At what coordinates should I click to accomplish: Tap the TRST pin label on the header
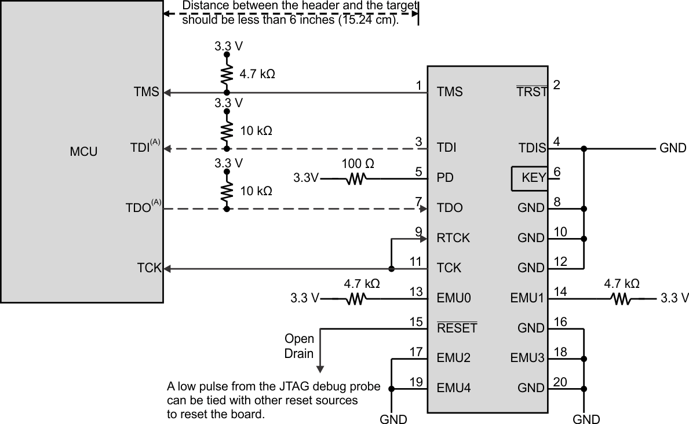(x=531, y=92)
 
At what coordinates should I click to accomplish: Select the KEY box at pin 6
(x=529, y=178)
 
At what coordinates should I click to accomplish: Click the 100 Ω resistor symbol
(x=355, y=179)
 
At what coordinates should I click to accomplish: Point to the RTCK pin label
(x=453, y=238)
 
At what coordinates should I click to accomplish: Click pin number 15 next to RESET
(x=415, y=321)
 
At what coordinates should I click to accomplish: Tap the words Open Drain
(x=299, y=346)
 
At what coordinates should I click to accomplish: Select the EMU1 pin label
(x=527, y=298)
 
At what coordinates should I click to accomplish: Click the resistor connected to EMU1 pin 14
(x=621, y=299)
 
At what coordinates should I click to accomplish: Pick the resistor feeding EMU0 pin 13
(x=355, y=299)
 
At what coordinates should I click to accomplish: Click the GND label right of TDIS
(x=672, y=148)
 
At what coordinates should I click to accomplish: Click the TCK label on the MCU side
(x=148, y=268)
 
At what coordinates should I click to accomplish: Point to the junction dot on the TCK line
(x=392, y=268)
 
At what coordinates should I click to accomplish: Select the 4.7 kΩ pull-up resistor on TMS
(x=227, y=74)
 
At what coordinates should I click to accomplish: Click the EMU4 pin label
(x=454, y=388)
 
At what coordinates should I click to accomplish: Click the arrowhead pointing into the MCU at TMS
(x=166, y=92)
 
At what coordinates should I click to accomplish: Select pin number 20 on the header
(x=560, y=381)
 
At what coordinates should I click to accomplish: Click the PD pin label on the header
(x=444, y=178)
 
